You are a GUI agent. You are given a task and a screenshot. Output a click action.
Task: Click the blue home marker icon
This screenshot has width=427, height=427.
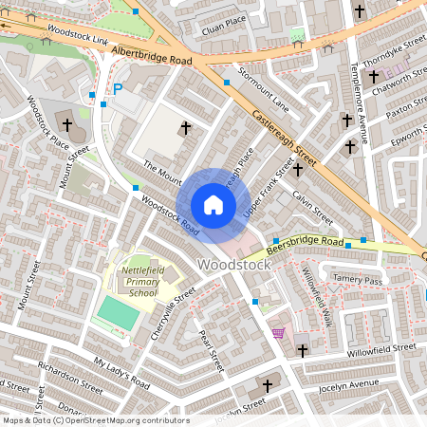tap(213, 205)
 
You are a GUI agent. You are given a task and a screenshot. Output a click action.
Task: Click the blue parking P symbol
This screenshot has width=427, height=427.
tap(119, 89)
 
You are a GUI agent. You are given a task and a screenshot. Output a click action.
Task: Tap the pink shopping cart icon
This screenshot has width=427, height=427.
tap(278, 332)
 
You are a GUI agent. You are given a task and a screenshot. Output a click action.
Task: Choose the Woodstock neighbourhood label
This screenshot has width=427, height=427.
tap(233, 264)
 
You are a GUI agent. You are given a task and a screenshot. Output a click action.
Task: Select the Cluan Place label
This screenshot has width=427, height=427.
tap(225, 19)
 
